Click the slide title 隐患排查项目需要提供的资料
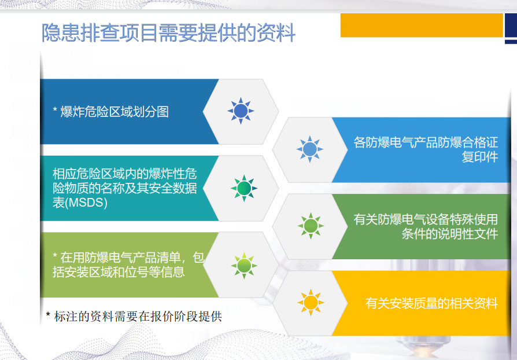click(168, 32)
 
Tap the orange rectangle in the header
click(422, 25)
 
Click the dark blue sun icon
click(241, 111)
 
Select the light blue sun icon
click(309, 149)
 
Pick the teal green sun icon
click(244, 189)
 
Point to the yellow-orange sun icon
click(311, 303)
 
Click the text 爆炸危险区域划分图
click(115, 112)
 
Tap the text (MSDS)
click(86, 203)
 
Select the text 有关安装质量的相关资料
click(431, 303)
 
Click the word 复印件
click(480, 157)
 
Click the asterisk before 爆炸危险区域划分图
click(55, 109)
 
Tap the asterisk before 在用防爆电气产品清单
click(55, 255)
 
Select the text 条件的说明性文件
click(450, 234)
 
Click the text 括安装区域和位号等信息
click(119, 272)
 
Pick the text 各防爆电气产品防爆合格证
click(426, 142)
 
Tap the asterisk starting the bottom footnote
click(48, 314)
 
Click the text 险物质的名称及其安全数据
click(125, 188)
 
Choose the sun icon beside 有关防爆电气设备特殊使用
click(311, 226)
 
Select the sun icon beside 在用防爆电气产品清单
click(244, 266)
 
